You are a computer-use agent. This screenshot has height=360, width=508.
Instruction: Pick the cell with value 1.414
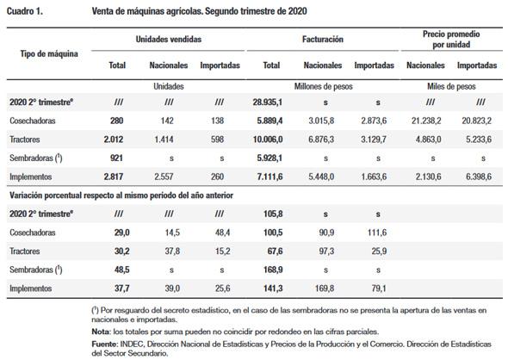coord(169,139)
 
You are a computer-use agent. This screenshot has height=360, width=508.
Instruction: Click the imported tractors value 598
coord(220,139)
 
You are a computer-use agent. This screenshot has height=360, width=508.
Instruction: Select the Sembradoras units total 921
coord(118,158)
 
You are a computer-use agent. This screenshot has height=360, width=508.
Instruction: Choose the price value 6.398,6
coord(476,177)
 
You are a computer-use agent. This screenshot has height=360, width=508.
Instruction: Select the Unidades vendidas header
coord(169,40)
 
